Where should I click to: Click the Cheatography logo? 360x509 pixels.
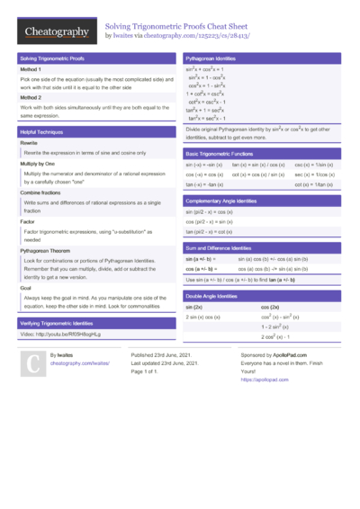click(56, 32)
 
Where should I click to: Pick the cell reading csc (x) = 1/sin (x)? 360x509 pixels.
click(314, 165)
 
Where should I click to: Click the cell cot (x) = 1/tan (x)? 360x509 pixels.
click(314, 183)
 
